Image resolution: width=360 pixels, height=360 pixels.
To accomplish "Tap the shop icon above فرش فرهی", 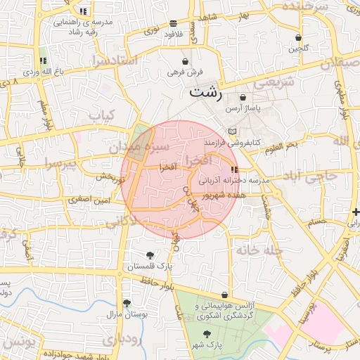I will click(185, 61).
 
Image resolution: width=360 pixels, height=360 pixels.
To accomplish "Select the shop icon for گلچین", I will click(298, 37).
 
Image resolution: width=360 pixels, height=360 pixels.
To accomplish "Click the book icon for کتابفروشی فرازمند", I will click(233, 131).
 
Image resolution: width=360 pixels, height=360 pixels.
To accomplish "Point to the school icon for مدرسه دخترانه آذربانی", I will click(234, 169).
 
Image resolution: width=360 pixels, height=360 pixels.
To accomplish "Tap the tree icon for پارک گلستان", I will click(149, 255).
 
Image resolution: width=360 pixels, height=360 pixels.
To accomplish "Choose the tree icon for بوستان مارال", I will click(127, 304).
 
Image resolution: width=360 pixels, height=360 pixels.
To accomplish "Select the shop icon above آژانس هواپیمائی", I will click(224, 295).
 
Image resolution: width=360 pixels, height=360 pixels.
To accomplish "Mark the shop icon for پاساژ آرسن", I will click(243, 98).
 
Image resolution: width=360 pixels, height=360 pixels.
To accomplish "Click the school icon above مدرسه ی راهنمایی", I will click(84, 11).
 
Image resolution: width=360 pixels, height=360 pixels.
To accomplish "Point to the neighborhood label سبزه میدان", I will click(140, 148).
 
